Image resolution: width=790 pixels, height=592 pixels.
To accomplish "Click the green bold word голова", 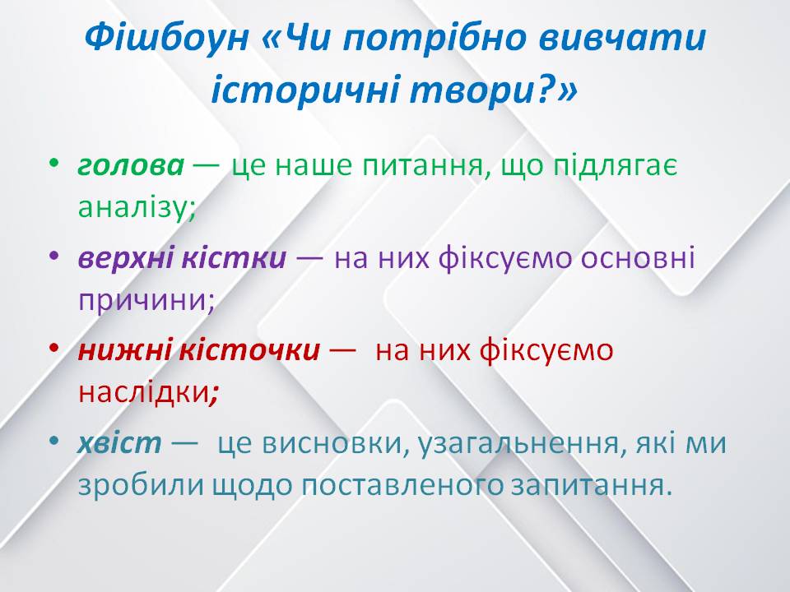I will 131,165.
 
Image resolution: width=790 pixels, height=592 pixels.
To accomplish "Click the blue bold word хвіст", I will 119,444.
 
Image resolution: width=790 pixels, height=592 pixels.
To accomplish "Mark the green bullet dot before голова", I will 54,165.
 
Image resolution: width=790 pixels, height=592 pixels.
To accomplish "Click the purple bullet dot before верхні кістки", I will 54,258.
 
